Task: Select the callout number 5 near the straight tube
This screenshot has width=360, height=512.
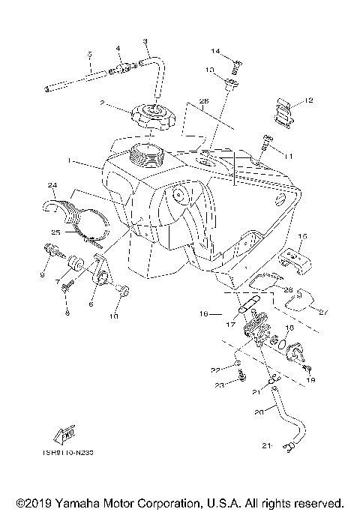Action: pos(88,54)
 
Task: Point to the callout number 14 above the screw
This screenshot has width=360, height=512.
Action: pos(214,52)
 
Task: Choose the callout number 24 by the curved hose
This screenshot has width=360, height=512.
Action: pos(52,185)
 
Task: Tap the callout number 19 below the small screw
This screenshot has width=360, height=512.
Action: pos(308,381)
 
